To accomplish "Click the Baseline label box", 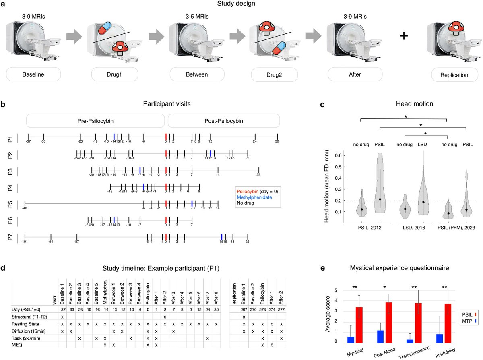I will (x=33, y=75).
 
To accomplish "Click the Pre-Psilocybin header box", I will (x=95, y=121).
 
